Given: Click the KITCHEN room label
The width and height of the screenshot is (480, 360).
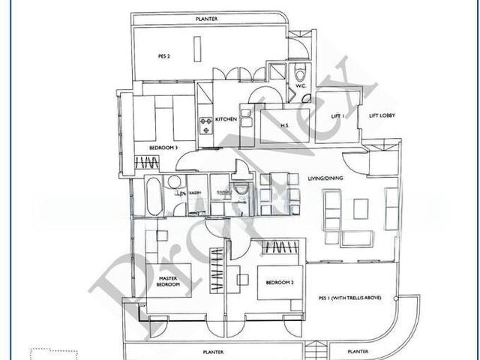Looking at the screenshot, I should click(226, 119).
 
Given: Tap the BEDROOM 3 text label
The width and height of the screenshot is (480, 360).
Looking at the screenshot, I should click(163, 148).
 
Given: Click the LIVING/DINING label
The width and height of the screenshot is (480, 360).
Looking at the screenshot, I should click(325, 178).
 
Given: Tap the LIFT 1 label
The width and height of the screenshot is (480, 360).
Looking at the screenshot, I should click(337, 116).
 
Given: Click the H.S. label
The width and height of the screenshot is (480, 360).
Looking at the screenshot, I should click(285, 125).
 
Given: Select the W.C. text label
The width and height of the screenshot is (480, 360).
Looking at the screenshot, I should click(300, 86).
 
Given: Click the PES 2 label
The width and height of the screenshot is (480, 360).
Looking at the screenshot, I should click(164, 55).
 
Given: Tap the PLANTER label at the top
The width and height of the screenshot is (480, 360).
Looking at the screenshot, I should click(207, 19).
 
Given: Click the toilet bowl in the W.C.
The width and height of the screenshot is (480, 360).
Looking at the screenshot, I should click(301, 73).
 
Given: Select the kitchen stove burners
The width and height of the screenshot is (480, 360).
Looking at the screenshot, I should click(205, 124).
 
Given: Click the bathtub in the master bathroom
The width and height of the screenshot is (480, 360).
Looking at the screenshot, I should click(152, 196).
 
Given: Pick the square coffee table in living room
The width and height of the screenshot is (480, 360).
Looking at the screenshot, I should click(361, 208).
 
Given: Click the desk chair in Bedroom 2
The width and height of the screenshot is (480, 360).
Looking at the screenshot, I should click(242, 280).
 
